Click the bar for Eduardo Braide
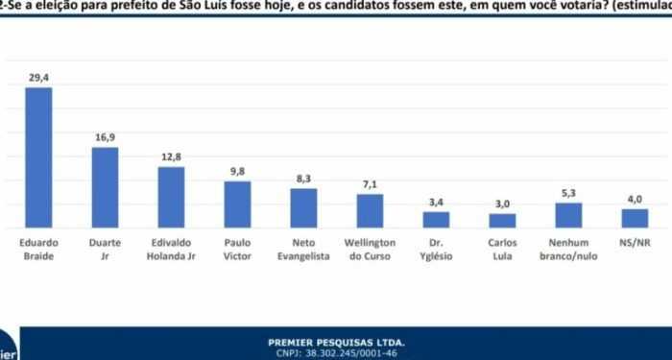click(x=38, y=157)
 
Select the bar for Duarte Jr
click(x=105, y=187)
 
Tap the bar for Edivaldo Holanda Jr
click(x=171, y=197)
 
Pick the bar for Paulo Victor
click(x=237, y=204)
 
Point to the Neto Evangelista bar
click(x=303, y=207)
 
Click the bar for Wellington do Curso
click(x=370, y=210)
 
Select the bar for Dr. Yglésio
click(x=436, y=219)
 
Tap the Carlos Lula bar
click(x=502, y=220)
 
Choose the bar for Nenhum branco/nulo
click(x=568, y=215)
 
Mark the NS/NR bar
click(x=635, y=218)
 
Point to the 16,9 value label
click(x=105, y=137)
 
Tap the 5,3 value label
click(x=568, y=193)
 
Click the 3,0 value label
click(x=502, y=204)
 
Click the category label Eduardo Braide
click(x=38, y=251)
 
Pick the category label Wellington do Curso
click(x=370, y=251)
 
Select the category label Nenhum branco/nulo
click(x=568, y=251)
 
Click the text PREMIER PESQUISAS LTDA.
click(x=336, y=342)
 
